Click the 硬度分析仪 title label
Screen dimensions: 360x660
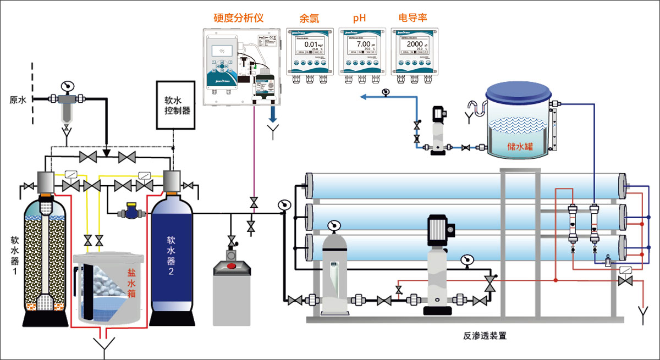238,18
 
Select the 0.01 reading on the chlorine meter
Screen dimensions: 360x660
311,45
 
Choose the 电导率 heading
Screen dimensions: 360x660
413,18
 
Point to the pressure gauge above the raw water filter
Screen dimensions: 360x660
67,86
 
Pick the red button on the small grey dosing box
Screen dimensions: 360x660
232,267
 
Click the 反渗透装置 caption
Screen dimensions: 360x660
485,335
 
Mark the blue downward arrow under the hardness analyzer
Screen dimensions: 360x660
273,115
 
